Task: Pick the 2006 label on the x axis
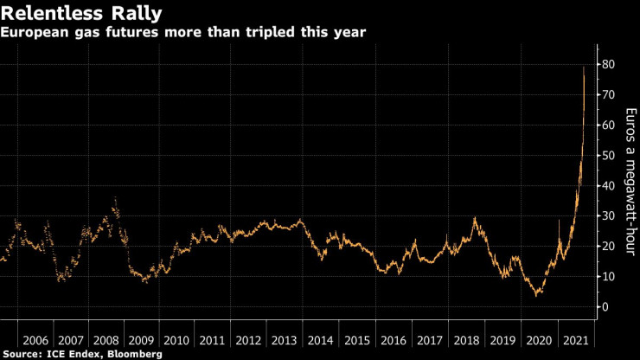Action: click(35, 339)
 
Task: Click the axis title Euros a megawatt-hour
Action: click(632, 181)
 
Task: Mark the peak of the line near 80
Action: click(584, 67)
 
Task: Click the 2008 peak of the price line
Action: click(116, 199)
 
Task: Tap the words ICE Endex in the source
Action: click(74, 354)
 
